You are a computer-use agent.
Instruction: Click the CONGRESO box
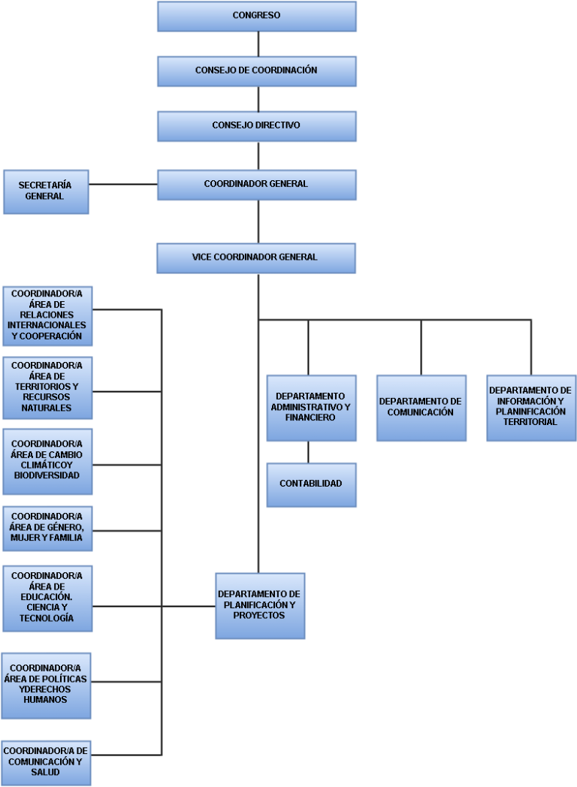[x=257, y=17]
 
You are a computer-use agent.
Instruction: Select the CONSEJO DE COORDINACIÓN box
[x=257, y=71]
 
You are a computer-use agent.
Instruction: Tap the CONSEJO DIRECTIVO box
[x=257, y=126]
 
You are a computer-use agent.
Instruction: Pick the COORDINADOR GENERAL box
[x=257, y=185]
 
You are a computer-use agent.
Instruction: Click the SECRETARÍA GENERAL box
[x=46, y=191]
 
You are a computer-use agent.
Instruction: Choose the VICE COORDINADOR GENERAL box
[x=256, y=258]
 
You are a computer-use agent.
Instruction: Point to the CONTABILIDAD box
[x=311, y=485]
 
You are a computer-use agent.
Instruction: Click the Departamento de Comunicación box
[x=421, y=408]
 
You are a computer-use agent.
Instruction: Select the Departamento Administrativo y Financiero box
[x=311, y=408]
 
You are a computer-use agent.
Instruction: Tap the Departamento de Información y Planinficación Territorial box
[x=531, y=408]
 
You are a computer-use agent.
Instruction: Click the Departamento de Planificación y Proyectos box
[x=260, y=606]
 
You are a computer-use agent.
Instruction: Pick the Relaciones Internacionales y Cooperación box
[x=47, y=316]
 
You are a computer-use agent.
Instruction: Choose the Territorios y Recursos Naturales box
[x=47, y=388]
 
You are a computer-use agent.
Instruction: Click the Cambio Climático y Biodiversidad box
[x=47, y=462]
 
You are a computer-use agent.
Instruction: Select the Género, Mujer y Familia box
[x=47, y=529]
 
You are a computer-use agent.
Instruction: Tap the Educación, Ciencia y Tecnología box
[x=47, y=599]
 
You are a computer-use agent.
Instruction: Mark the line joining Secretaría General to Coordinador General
[x=123, y=184]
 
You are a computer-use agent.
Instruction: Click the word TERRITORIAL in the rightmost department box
[x=530, y=422]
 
